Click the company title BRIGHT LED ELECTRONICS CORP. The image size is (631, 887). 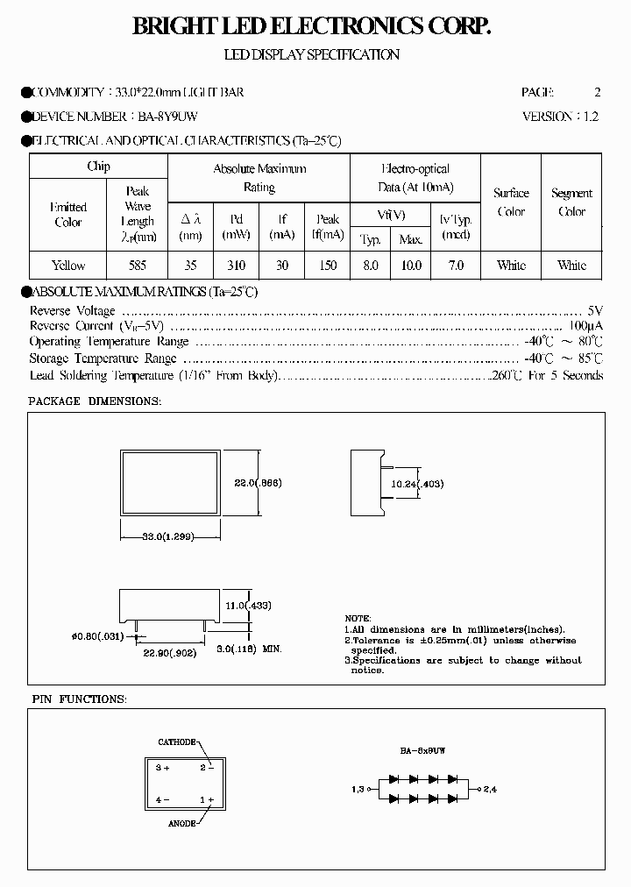[x=311, y=28]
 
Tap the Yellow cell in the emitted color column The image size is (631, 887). [x=67, y=265]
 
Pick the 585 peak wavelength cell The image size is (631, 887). [x=137, y=265]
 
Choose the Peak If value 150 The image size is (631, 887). [x=328, y=265]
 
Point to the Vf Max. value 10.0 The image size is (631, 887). [x=411, y=265]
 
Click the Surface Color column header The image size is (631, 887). [x=511, y=202]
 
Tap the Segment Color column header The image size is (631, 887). [x=571, y=202]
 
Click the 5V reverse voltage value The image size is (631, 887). [x=595, y=311]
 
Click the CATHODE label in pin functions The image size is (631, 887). [x=177, y=742]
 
